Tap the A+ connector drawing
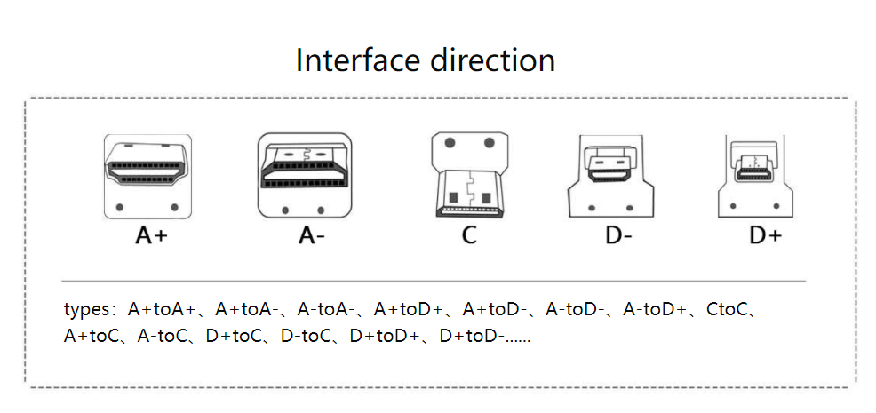(x=147, y=176)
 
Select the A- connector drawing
(x=305, y=175)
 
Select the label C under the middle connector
(x=468, y=235)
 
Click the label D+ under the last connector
(x=764, y=235)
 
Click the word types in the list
(x=84, y=311)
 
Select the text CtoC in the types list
(x=730, y=311)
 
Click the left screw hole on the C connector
(x=450, y=143)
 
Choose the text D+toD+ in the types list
(x=383, y=338)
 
